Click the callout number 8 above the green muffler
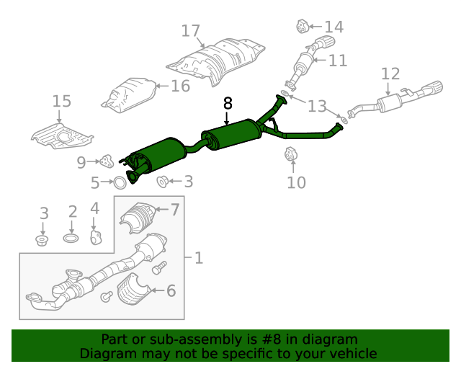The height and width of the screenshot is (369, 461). click(228, 103)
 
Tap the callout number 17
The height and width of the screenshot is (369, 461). click(190, 31)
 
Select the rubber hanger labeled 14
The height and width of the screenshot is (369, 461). click(302, 26)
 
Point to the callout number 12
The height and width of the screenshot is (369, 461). click(390, 74)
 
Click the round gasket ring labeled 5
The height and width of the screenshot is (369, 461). click(120, 183)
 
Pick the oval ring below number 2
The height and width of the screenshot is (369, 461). click(71, 238)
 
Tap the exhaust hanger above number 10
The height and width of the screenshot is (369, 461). click(291, 154)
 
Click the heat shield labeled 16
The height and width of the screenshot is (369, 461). click(130, 95)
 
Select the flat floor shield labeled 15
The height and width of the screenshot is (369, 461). click(63, 136)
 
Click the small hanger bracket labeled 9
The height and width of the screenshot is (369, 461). click(107, 161)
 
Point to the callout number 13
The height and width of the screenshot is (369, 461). click(317, 106)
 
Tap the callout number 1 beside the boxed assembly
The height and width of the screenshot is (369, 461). click(199, 258)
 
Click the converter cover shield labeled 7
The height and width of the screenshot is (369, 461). click(138, 218)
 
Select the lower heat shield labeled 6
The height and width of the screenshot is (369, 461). click(134, 290)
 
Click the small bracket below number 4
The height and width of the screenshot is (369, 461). click(95, 238)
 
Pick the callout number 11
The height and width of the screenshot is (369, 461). click(338, 61)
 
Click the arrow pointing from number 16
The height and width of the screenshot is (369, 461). click(161, 86)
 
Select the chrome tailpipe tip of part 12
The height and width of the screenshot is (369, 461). click(433, 89)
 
